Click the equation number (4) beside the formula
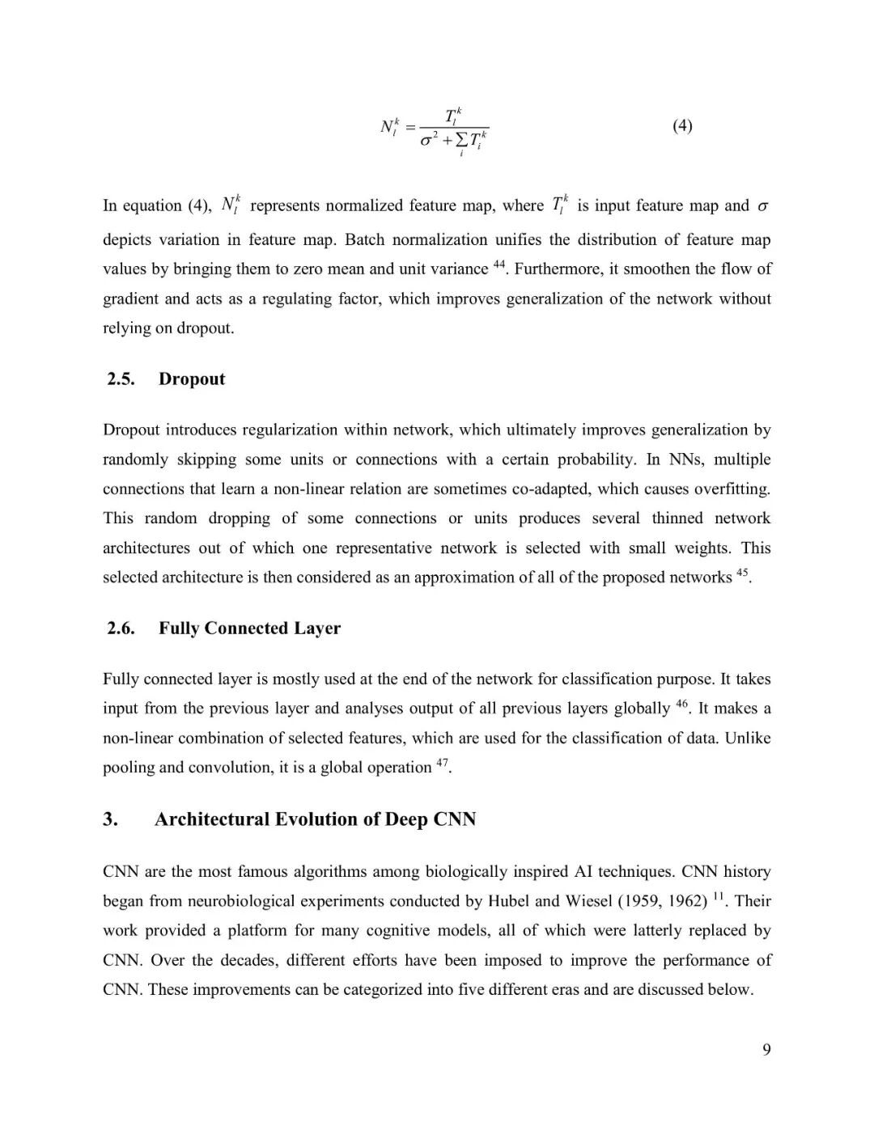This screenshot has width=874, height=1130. (x=682, y=125)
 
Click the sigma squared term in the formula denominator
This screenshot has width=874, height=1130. (x=429, y=139)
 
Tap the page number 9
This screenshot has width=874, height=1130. (x=766, y=1049)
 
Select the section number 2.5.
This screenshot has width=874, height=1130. (x=121, y=379)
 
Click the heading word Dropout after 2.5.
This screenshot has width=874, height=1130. (x=192, y=379)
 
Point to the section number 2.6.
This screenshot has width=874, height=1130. (x=121, y=628)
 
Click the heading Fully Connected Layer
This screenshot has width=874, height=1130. (x=249, y=628)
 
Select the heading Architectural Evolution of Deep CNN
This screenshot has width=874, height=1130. (x=315, y=819)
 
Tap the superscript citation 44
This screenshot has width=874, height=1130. (x=499, y=265)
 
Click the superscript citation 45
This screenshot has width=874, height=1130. (x=742, y=573)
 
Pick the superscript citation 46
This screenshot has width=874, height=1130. (x=681, y=704)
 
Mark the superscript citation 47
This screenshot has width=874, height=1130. (x=442, y=763)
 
